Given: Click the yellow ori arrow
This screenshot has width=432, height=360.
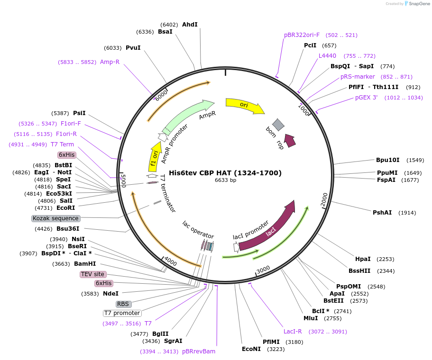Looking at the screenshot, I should click(x=244, y=106).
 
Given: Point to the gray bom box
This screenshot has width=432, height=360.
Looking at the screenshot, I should click(x=278, y=125).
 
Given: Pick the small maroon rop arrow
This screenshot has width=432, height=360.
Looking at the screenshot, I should click(x=289, y=140).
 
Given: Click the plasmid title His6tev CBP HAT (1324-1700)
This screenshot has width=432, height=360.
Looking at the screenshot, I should click(x=225, y=173).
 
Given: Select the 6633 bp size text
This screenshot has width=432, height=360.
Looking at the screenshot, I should click(x=225, y=180).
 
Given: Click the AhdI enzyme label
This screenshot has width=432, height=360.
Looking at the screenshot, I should click(x=190, y=25).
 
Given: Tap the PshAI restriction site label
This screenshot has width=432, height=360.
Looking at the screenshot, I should click(x=382, y=212).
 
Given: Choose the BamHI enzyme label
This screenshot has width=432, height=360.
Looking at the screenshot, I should click(x=85, y=263).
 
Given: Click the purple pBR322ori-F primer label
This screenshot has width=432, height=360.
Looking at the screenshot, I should click(x=302, y=35).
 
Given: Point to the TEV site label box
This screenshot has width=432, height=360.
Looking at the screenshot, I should click(x=92, y=274).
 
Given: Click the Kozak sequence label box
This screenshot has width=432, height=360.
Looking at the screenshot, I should click(x=55, y=218).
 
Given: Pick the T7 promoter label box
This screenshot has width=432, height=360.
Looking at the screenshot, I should click(x=122, y=313).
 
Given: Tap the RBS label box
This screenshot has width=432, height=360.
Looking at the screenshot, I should click(x=123, y=304).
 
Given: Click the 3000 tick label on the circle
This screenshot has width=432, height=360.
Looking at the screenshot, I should click(x=263, y=269).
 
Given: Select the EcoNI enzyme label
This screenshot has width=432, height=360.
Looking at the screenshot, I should click(x=251, y=349).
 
